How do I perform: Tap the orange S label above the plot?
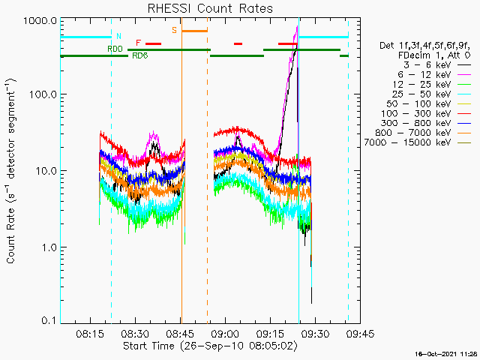point(174,31)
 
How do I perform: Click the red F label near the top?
point(138,43)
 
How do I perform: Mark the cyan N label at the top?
point(118,36)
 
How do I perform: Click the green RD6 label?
point(139,55)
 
